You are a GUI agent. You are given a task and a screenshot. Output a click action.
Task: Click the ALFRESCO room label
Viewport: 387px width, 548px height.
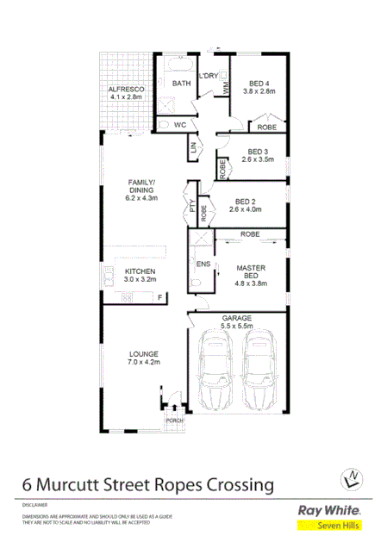124,90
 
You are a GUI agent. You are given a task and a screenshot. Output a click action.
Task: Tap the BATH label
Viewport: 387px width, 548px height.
180,84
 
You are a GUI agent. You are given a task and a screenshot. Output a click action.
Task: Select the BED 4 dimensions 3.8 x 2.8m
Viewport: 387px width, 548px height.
258,90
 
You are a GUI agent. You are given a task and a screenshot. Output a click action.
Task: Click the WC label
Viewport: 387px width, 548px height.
180,125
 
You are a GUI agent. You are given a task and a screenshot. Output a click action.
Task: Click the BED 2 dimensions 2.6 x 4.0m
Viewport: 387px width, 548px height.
247,209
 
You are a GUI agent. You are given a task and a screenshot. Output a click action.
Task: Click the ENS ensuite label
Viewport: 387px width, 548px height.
203,264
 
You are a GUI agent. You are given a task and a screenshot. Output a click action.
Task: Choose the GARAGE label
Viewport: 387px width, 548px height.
236,317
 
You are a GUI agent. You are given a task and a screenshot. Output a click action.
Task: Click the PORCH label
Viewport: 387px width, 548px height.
173,420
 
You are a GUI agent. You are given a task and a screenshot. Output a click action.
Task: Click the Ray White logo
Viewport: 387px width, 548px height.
328,509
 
